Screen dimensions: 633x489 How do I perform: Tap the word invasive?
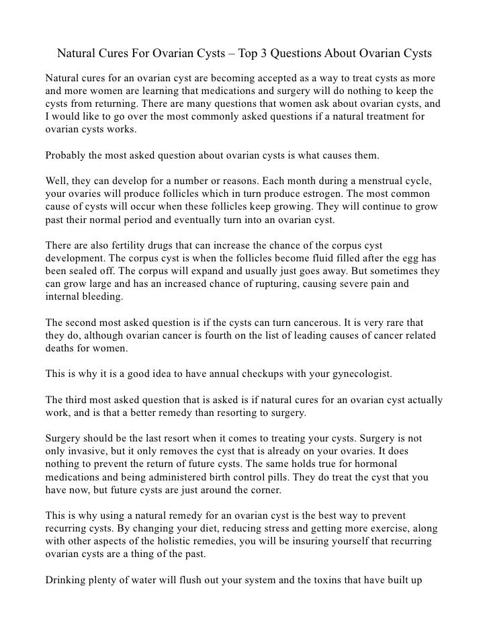coord(91,437)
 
